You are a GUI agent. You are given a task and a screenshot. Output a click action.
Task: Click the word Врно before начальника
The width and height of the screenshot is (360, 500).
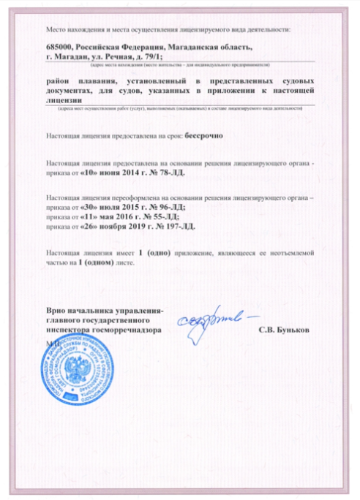pyautogui.click(x=59, y=311)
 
